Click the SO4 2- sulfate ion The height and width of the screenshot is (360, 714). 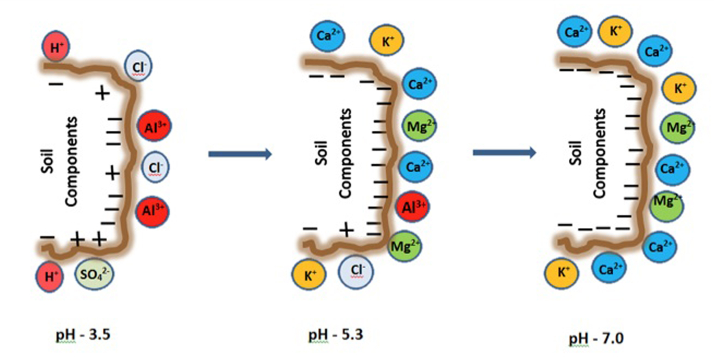pyautogui.click(x=94, y=274)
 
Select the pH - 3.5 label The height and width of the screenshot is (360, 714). pyautogui.click(x=83, y=335)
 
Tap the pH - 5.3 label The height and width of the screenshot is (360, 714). pyautogui.click(x=336, y=335)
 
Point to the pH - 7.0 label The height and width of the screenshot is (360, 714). pyautogui.click(x=596, y=339)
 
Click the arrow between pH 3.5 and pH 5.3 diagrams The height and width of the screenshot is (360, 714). pyautogui.click(x=240, y=154)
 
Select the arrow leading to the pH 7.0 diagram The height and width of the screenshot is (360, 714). pyautogui.click(x=505, y=153)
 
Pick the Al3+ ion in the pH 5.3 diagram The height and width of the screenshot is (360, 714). pyautogui.click(x=413, y=206)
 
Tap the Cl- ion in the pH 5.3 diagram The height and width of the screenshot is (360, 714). pyautogui.click(x=356, y=272)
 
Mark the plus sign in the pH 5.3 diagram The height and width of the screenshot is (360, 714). pyautogui.click(x=347, y=230)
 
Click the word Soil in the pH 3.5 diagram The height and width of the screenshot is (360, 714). pyautogui.click(x=47, y=161)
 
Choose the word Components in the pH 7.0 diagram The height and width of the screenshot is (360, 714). pyautogui.click(x=599, y=154)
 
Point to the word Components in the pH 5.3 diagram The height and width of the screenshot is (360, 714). pyautogui.click(x=345, y=154)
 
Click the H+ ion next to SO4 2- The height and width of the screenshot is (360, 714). pyautogui.click(x=49, y=277)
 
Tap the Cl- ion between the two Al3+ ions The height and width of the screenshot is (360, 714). pyautogui.click(x=155, y=167)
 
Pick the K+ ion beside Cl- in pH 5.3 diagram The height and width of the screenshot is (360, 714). pyautogui.click(x=309, y=274)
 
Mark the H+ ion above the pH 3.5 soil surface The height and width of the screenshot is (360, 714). pyautogui.click(x=56, y=47)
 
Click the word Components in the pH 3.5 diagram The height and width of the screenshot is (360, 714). pyautogui.click(x=71, y=161)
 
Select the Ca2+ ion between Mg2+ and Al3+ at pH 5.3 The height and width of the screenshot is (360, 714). pyautogui.click(x=416, y=167)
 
